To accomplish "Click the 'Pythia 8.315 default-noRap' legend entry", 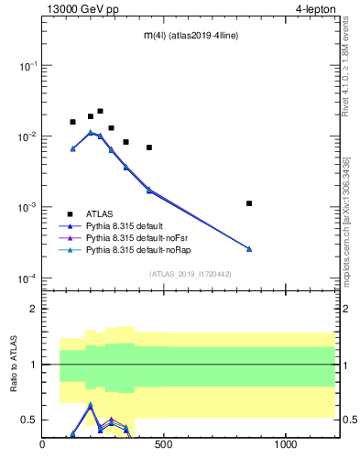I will click(138, 250).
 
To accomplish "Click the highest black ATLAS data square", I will click(100, 111).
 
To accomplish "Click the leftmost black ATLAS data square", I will click(73, 122).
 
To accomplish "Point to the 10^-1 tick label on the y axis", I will click(28, 66).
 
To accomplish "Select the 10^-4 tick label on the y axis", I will click(28, 278).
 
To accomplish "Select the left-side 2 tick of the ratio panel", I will click(34, 309).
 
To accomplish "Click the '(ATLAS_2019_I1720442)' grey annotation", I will click(190, 274).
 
